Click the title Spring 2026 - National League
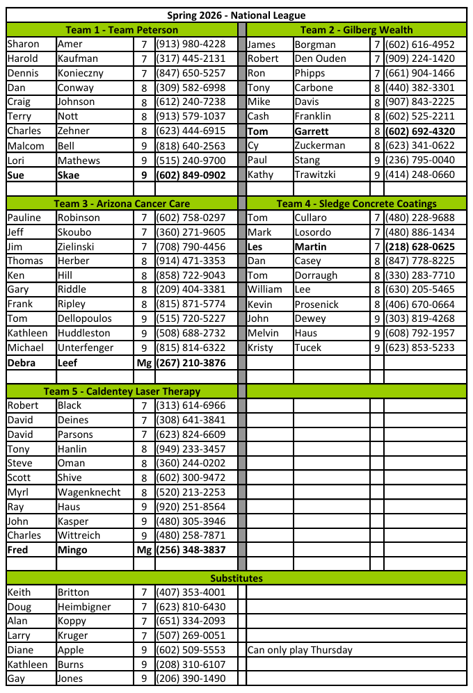click(236, 15)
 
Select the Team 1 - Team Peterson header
click(122, 30)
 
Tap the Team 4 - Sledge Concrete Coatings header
click(356, 204)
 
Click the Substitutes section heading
click(236, 578)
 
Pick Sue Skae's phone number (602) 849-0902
click(190, 175)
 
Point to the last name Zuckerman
click(319, 146)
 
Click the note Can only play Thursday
click(300, 651)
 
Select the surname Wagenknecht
click(90, 492)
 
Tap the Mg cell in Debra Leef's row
click(144, 363)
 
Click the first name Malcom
click(26, 146)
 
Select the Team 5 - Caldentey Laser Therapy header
click(122, 391)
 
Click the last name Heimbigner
click(84, 607)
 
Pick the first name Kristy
click(261, 348)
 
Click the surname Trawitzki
click(319, 175)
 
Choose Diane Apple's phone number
click(190, 651)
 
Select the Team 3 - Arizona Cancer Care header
click(122, 204)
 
